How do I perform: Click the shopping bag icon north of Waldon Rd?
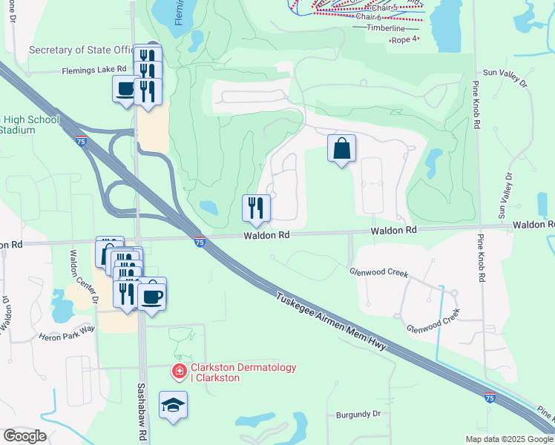coord(341,148)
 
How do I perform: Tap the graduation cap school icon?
coord(173,405)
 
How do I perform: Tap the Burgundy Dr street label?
coord(358,413)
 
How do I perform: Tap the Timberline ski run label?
coord(386,28)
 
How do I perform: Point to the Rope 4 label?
coord(404,39)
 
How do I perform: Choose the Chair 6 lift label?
coord(368,16)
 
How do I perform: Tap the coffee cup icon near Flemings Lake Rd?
coord(125,90)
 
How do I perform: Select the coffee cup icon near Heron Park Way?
coord(153,295)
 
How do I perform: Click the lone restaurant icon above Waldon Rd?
coord(256,208)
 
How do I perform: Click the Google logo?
coord(24,436)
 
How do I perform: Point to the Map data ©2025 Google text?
coord(509,439)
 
